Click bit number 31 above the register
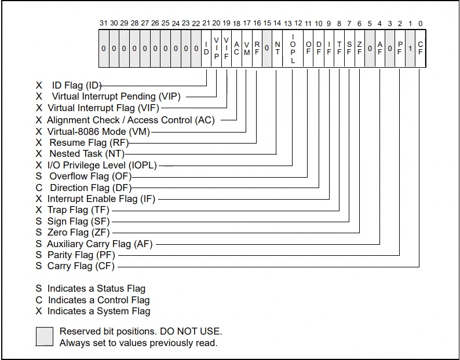click(104, 23)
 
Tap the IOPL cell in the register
click(293, 49)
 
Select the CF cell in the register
click(421, 49)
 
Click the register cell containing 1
click(410, 49)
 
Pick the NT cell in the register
click(278, 49)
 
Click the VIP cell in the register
click(216, 49)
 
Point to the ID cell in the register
click(206, 49)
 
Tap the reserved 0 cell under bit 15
click(267, 49)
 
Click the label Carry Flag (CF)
click(81, 266)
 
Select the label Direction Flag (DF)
click(91, 188)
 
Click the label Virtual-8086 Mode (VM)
click(98, 131)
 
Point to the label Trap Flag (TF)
click(78, 210)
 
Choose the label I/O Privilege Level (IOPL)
click(102, 166)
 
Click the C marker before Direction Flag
click(39, 188)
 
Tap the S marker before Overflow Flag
click(39, 177)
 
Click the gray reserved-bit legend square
click(45, 336)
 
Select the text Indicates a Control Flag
click(99, 300)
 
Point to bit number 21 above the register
click(206, 23)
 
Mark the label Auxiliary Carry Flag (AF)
click(100, 244)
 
